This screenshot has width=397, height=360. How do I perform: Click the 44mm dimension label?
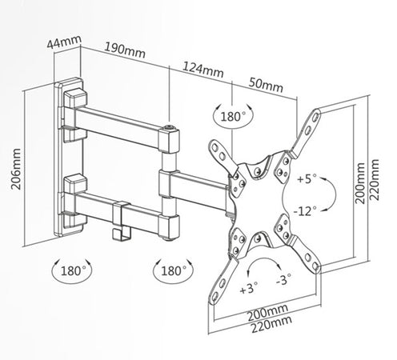click(64, 42)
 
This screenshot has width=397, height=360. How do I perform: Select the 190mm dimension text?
click(125, 50)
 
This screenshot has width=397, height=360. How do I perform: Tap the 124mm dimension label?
click(203, 70)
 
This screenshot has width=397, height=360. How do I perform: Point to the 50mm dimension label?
click(266, 85)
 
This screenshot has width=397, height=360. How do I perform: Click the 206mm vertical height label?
click(16, 169)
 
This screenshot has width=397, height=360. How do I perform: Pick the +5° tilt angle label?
click(307, 178)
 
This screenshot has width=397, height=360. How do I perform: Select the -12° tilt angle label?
click(305, 211)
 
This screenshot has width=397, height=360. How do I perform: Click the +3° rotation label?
click(249, 288)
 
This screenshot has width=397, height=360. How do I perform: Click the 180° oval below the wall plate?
click(72, 271)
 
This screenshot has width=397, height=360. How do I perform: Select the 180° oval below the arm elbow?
click(173, 271)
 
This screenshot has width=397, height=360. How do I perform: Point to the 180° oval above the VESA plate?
click(233, 116)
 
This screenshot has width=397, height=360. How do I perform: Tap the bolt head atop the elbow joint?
click(170, 127)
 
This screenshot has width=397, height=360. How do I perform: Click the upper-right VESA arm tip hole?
click(316, 117)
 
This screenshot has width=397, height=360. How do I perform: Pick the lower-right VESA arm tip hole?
click(315, 266)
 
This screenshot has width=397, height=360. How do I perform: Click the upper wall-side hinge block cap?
click(75, 97)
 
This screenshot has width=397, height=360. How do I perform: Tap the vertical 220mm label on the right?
click(375, 180)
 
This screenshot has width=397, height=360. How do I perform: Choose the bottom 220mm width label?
click(271, 324)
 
